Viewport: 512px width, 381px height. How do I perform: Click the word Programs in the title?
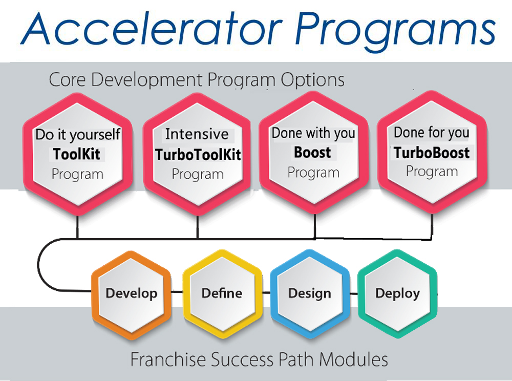click(x=395, y=32)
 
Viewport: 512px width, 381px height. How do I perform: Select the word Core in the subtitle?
click(x=67, y=79)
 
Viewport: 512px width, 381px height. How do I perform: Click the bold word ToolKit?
click(x=76, y=154)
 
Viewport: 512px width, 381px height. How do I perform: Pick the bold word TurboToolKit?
click(x=198, y=155)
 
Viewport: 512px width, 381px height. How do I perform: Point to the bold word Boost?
click(x=312, y=153)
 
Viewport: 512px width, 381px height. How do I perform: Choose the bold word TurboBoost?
click(x=431, y=153)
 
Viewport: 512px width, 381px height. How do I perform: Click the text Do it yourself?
click(x=78, y=135)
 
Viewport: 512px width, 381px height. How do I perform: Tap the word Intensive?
click(x=197, y=134)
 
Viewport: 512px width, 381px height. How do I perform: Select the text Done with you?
click(x=313, y=133)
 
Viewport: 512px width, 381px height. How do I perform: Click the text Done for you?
click(x=431, y=133)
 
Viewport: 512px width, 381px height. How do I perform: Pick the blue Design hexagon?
click(x=310, y=294)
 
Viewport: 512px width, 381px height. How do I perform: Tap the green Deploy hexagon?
click(x=397, y=293)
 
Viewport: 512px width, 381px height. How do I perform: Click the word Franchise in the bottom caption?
click(x=168, y=359)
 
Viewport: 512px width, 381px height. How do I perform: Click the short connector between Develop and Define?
click(x=177, y=291)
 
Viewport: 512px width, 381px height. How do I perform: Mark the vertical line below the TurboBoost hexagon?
click(x=432, y=226)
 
